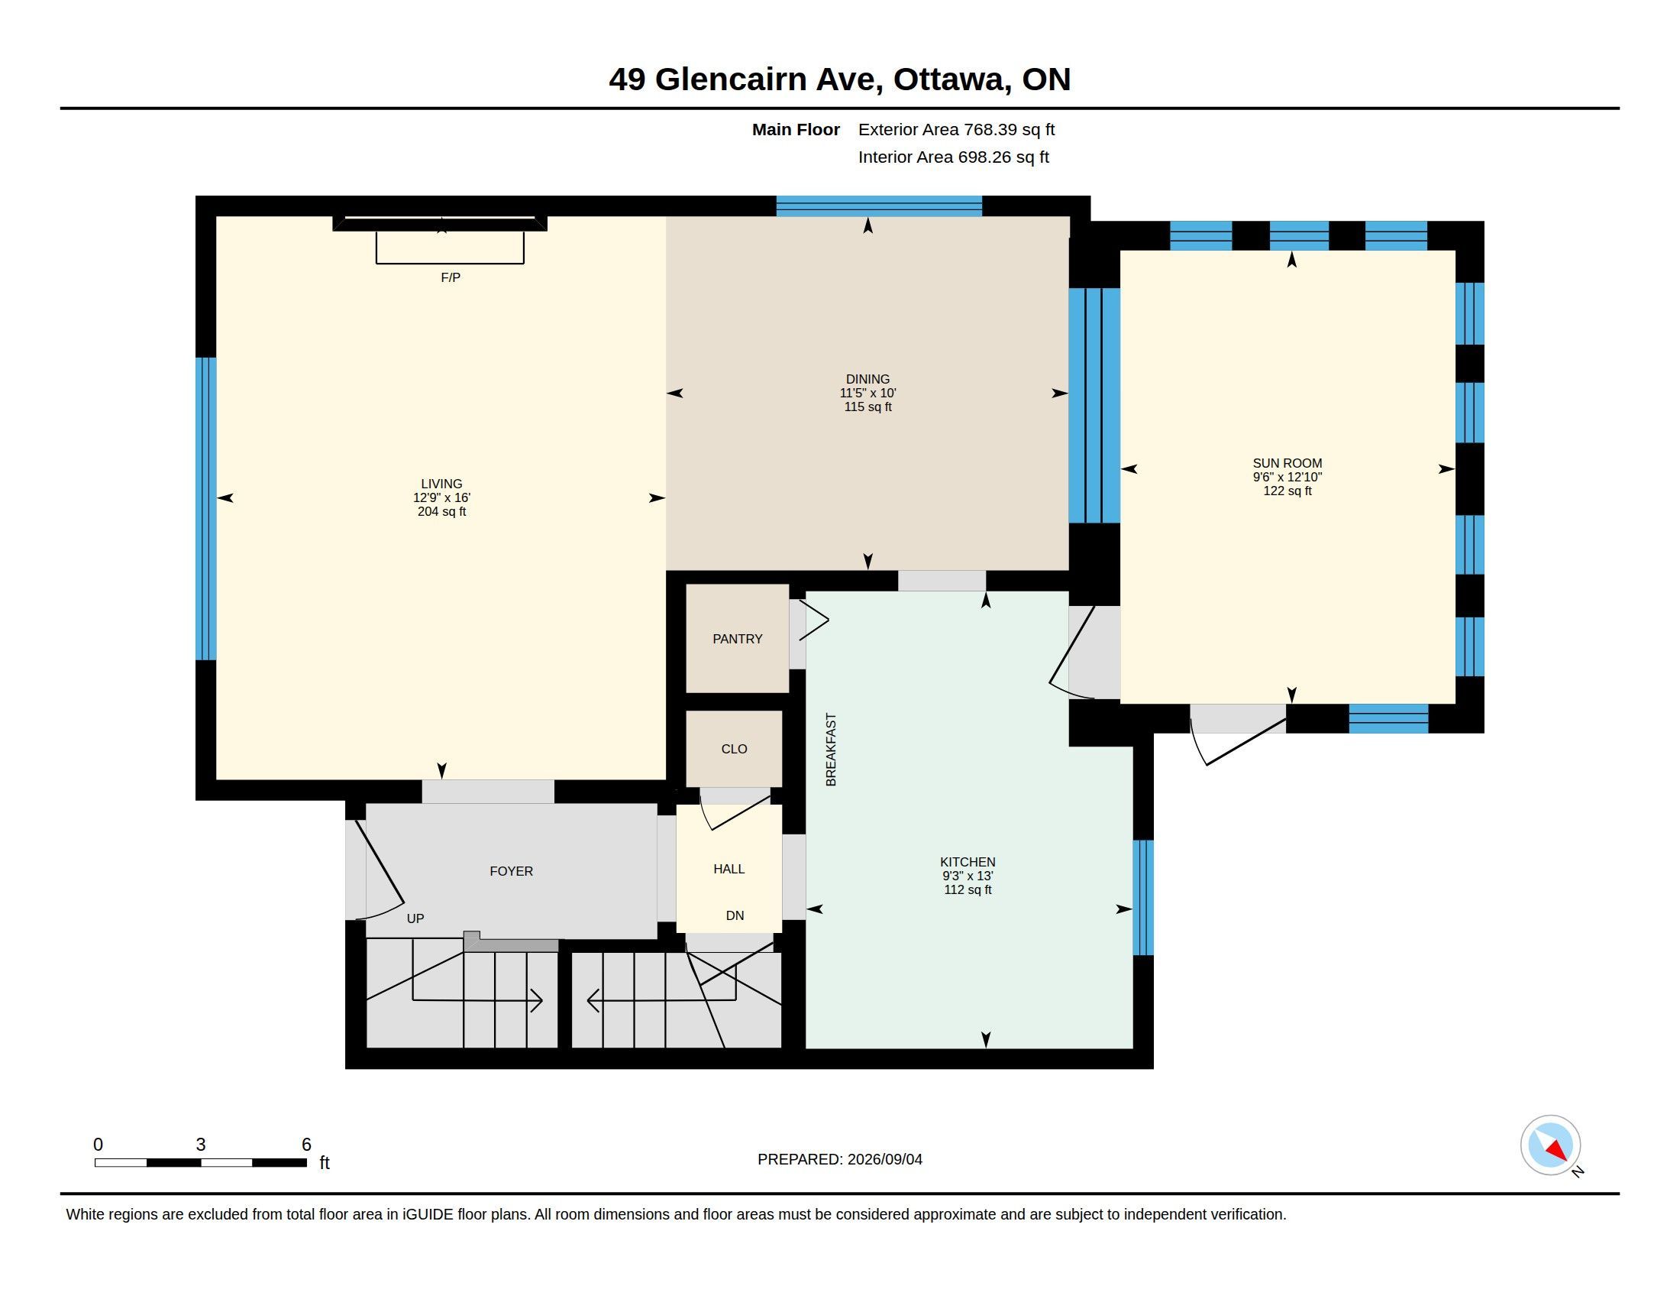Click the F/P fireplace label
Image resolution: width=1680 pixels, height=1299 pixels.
tap(451, 277)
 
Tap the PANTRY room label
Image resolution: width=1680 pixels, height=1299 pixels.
tap(737, 639)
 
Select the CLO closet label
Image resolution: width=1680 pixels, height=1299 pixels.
tap(734, 749)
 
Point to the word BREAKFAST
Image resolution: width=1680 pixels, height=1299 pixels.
tap(831, 750)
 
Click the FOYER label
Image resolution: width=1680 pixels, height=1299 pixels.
tap(511, 871)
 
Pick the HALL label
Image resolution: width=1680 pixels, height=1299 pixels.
tap(729, 869)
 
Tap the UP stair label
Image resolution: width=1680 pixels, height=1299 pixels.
tap(415, 918)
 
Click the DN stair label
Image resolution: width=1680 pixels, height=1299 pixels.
tap(735, 915)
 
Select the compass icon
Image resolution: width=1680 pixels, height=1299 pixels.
tap(1550, 1145)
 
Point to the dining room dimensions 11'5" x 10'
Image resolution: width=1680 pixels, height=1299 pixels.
tap(867, 393)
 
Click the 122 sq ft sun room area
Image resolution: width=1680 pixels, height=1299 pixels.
tap(1287, 491)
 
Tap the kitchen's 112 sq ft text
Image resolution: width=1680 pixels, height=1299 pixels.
tap(968, 889)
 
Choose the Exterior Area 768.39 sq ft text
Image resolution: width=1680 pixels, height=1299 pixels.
tap(956, 129)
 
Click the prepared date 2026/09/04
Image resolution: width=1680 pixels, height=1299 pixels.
tap(884, 1159)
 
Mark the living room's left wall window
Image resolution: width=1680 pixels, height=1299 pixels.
tap(205, 509)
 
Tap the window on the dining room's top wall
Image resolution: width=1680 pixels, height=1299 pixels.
tap(878, 206)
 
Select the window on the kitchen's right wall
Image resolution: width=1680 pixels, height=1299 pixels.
tap(1143, 897)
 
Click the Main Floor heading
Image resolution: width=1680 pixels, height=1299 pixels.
tap(796, 129)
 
